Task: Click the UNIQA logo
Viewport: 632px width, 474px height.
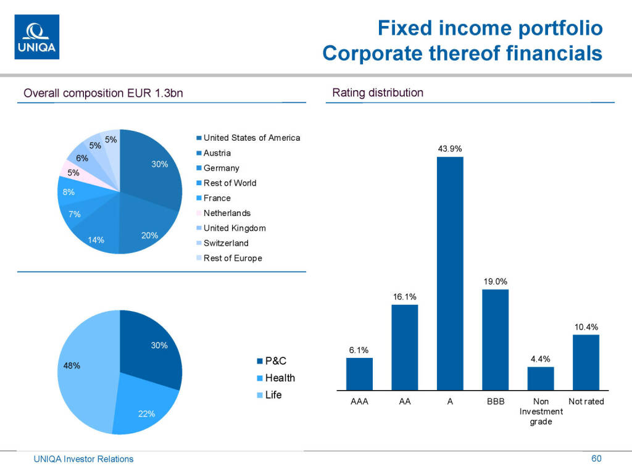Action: [x=36, y=36]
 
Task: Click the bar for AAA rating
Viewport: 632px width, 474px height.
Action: [x=359, y=374]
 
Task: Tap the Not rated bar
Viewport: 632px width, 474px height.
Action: [x=586, y=362]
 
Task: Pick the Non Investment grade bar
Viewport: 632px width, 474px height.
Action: [x=541, y=378]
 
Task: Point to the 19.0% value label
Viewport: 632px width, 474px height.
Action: [x=495, y=281]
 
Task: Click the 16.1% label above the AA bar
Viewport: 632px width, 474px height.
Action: [x=405, y=297]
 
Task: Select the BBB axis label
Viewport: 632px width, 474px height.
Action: [x=495, y=401]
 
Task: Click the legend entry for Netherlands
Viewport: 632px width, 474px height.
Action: [x=227, y=213]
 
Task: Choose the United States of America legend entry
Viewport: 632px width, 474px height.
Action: [x=251, y=138]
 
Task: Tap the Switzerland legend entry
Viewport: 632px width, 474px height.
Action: [x=226, y=243]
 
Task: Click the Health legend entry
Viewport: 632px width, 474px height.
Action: [x=280, y=378]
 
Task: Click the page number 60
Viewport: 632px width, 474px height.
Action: [x=596, y=459]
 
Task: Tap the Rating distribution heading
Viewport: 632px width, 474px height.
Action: [x=378, y=93]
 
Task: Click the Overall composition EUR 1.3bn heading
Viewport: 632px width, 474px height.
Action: [x=103, y=93]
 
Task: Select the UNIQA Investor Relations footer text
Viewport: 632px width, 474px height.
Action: [x=83, y=459]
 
